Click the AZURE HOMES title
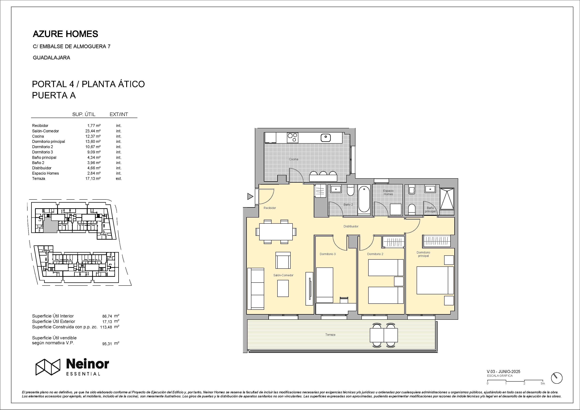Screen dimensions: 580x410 65,34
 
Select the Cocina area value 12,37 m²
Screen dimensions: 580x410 93,136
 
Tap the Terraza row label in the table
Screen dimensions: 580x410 39,178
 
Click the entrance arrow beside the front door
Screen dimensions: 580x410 250,196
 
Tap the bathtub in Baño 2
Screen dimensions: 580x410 364,199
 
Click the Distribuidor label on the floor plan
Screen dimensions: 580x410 351,226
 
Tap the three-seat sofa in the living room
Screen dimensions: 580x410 256,289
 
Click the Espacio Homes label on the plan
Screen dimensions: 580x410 388,192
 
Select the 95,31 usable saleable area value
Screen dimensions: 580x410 107,344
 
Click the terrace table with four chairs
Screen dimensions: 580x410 384,335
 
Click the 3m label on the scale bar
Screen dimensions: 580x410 543,384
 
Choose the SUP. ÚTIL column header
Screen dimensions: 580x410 84,114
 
